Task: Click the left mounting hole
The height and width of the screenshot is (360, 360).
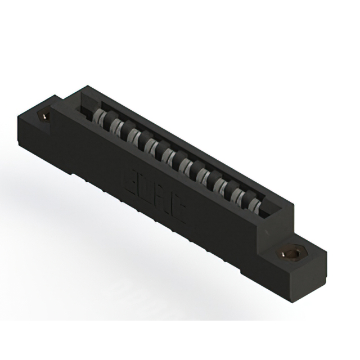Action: click(x=43, y=116)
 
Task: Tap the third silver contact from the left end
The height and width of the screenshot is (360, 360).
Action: click(x=133, y=136)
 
